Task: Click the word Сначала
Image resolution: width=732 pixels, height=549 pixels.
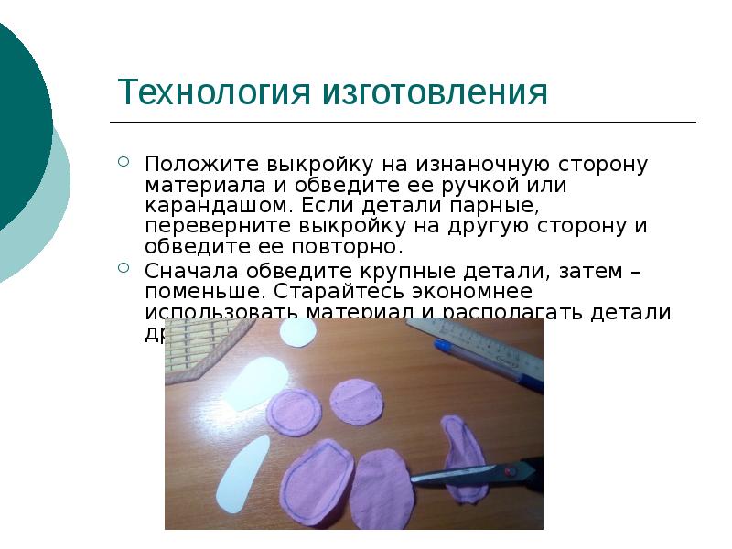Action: point(188,271)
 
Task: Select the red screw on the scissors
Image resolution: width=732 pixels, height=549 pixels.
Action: point(509,472)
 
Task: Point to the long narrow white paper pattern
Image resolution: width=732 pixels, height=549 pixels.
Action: point(242,473)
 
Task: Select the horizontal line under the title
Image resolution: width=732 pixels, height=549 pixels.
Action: point(403,123)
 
